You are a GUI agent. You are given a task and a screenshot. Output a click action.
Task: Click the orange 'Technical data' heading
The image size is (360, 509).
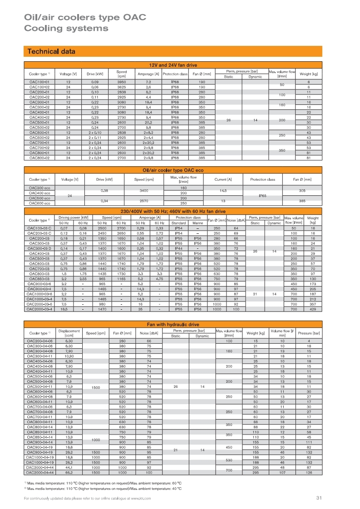pyautogui.click(x=51, y=51)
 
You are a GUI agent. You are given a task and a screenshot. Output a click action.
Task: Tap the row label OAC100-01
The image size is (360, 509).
pyautogui.click(x=39, y=82)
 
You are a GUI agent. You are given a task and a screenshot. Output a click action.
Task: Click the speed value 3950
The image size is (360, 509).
pyautogui.click(x=121, y=82)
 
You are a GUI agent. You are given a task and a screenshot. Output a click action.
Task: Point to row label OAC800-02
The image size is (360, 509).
pyautogui.click(x=39, y=158)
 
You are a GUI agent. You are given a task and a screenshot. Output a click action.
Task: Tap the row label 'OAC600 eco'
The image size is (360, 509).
pyautogui.click(x=39, y=203)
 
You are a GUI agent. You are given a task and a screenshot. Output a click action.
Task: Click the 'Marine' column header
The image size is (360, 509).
pyautogui.click(x=197, y=222)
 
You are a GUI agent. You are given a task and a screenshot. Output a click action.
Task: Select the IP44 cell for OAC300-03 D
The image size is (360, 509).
pyautogui.click(x=178, y=248)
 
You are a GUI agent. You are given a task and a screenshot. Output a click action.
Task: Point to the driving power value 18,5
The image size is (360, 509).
pyautogui.click(x=64, y=309)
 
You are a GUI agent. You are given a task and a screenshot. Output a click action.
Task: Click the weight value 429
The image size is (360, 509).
pyautogui.click(x=312, y=309)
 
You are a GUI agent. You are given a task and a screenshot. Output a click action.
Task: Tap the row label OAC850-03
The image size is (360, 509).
pyautogui.click(x=39, y=279)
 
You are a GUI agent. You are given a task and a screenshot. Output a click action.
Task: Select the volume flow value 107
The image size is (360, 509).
pyautogui.click(x=282, y=473)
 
